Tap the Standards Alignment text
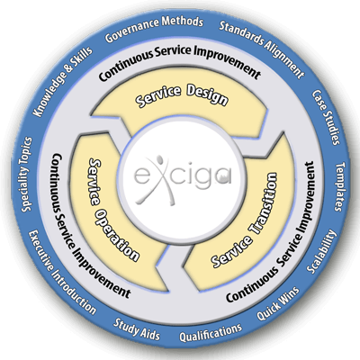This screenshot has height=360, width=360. coord(262,49)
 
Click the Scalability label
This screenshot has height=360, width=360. coord(321,252)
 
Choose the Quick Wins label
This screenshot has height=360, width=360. coord(278,303)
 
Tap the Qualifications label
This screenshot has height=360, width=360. coord(211,333)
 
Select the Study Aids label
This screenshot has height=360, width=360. coord(137,329)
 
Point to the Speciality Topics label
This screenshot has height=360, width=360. coord(26,175)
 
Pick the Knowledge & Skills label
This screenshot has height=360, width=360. coord(63,82)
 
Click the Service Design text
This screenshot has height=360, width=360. coord(182,96)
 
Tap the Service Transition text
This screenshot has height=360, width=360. coord(246,220)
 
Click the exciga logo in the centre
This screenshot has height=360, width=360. coord(183,179)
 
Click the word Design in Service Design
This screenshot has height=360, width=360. coord(207,96)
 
